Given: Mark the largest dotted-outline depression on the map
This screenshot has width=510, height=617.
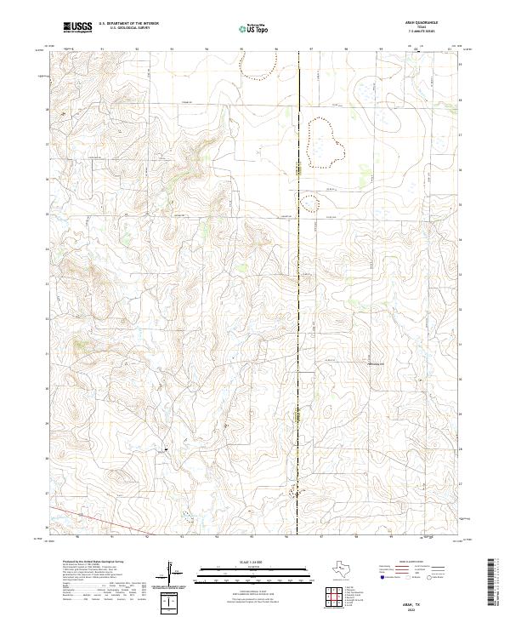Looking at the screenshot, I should pos(325,140).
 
